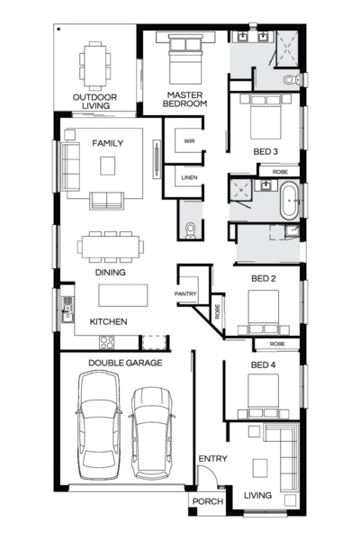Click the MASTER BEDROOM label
184,98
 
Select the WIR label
189,141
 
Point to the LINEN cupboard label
189,177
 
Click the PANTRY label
185,293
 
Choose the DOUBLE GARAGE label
125,363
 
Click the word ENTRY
212,460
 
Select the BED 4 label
263,364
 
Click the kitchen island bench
122,295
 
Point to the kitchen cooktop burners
107,342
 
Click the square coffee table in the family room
109,165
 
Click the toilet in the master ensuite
290,81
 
